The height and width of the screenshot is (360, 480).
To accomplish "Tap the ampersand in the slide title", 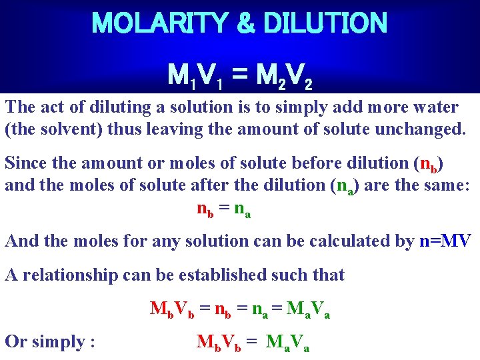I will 245,24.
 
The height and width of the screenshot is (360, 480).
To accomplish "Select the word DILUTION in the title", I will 325,24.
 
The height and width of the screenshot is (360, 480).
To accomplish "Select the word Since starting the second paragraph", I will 25,163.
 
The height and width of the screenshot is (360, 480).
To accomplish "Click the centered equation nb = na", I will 224,209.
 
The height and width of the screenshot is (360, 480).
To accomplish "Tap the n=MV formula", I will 445,241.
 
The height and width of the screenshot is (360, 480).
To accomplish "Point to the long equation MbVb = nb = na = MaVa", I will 240,309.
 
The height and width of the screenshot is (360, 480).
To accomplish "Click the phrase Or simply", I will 49,342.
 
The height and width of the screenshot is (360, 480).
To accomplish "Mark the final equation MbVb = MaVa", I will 253,343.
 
